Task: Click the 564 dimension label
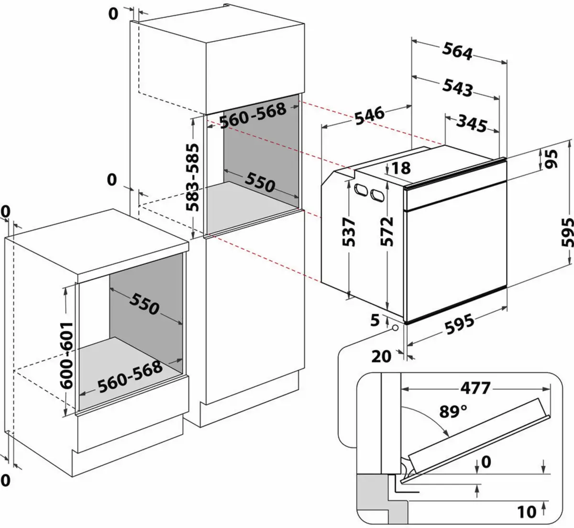pos(457,51)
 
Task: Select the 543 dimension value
pos(457,88)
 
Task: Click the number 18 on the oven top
pos(401,168)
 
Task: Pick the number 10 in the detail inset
pos(526,512)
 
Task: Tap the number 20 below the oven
pos(381,356)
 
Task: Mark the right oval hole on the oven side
pos(376,195)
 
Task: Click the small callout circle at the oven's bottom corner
pos(395,328)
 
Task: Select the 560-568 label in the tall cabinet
pos(253,115)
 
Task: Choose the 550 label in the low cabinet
pos(143,303)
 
